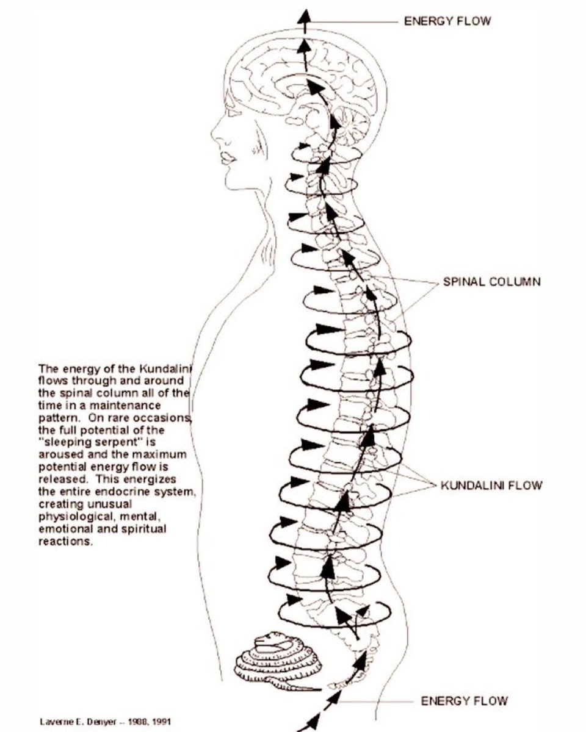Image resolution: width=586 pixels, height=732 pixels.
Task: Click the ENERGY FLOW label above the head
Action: [x=447, y=21]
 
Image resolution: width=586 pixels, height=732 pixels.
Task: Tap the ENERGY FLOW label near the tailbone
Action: [x=464, y=701]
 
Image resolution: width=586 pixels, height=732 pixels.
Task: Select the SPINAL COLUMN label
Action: [x=491, y=282]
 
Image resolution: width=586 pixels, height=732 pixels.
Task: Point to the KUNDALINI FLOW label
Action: [x=491, y=486]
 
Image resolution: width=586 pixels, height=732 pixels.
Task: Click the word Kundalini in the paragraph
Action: [x=158, y=369]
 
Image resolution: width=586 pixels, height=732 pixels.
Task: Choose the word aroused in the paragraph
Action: [x=58, y=454]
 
